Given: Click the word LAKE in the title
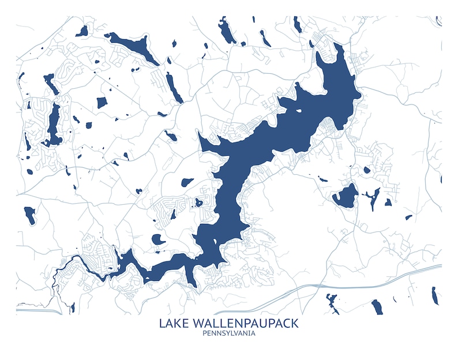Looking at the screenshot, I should coord(174,322).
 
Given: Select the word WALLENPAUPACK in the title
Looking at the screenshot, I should coord(245,322).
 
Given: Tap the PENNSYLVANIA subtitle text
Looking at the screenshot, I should coord(228,333).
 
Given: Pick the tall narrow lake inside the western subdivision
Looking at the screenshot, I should coord(54,123).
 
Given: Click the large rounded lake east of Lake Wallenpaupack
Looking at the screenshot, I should coord(345,196).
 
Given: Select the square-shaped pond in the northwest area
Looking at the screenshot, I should coord(102,103).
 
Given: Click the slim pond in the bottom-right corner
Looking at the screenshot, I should coord(433,295).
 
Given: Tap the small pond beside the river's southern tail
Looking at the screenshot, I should coord(72,307).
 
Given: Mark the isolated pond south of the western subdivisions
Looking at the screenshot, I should coord(29,215).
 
